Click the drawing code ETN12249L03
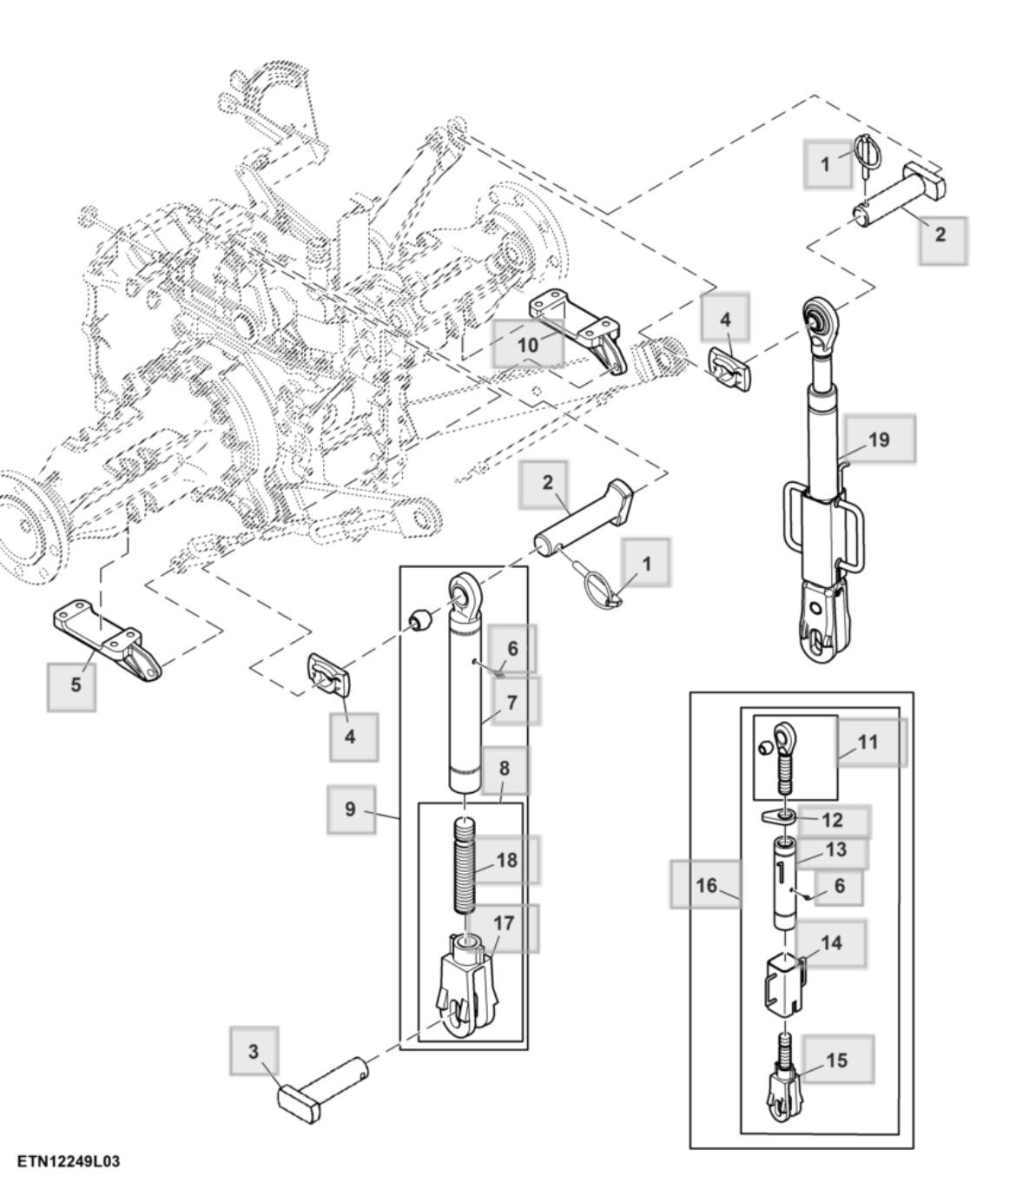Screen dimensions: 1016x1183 click(69, 1162)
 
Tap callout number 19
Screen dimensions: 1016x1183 click(879, 439)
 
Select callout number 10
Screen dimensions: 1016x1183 click(527, 345)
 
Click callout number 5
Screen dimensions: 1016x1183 click(76, 684)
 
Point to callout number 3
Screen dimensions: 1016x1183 click(254, 1051)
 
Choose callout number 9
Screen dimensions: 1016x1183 click(350, 810)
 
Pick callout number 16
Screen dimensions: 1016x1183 click(706, 885)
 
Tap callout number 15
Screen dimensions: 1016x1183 click(836, 1060)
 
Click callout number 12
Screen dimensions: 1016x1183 click(832, 820)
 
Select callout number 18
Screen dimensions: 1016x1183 click(507, 860)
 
